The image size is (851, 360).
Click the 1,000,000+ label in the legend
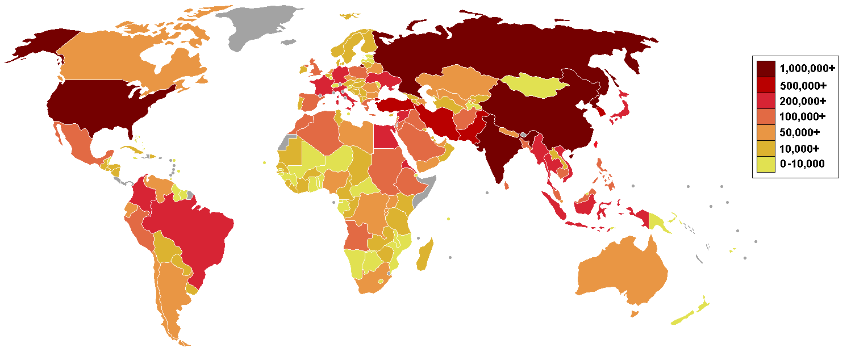[x=807, y=68]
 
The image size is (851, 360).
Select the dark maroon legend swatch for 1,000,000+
[x=766, y=69]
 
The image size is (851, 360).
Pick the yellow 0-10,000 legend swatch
[x=766, y=164]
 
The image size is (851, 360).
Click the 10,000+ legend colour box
[x=766, y=148]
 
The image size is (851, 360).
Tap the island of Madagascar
[x=424, y=256]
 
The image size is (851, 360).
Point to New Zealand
[x=690, y=315]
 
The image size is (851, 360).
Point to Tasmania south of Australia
[x=635, y=313]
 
